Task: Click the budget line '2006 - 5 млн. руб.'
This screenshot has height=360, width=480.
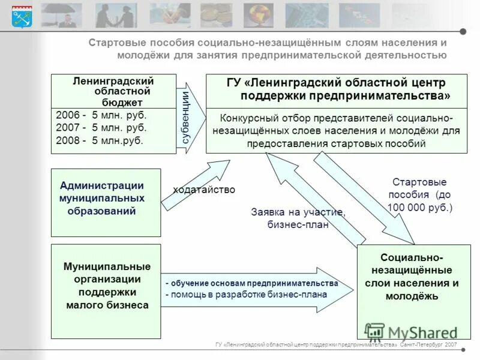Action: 101,115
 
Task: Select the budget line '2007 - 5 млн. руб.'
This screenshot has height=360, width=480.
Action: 101,128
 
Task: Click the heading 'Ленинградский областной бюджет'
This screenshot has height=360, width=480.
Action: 113,91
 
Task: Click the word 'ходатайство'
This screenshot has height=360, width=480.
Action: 204,190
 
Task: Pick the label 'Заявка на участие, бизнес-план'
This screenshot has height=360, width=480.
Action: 298,218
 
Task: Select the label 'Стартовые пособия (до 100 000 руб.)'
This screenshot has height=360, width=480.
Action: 420,194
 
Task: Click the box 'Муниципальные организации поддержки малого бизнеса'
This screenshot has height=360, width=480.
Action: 106,291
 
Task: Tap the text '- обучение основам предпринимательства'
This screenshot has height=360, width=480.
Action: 252,283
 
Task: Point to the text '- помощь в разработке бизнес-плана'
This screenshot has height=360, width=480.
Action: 247,295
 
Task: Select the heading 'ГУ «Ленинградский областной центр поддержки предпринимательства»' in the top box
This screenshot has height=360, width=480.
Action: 336,89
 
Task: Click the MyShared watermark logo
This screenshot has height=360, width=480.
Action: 411,332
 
